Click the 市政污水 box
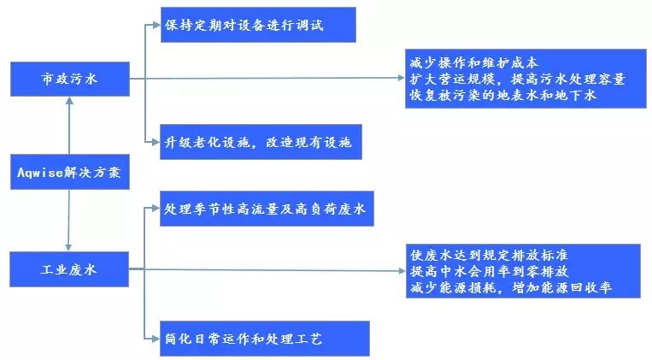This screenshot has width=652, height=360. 68,79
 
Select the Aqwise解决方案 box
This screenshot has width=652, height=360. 68,173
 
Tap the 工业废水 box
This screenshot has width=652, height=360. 68,269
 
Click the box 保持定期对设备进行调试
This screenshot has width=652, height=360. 256,25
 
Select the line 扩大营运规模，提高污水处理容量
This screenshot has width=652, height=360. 517,80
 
